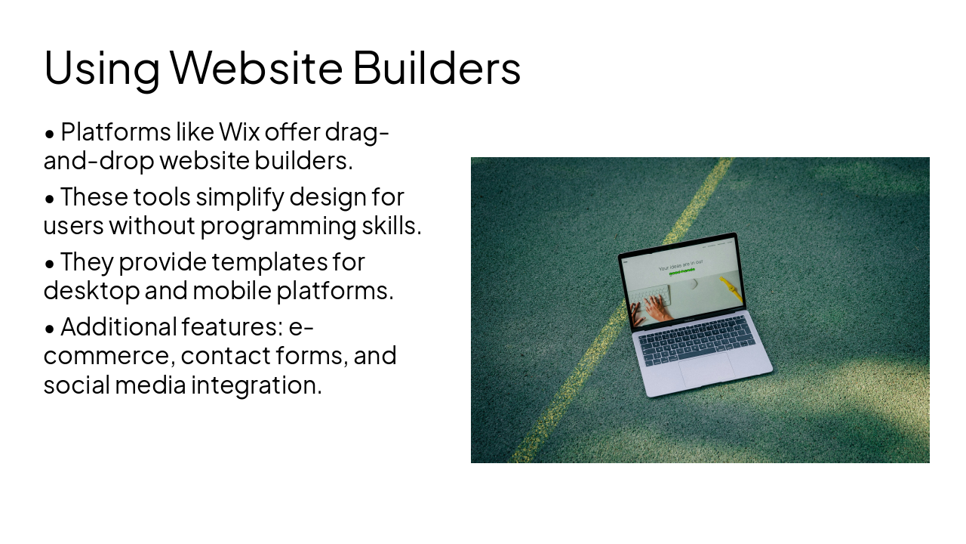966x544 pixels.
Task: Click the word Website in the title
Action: [257, 67]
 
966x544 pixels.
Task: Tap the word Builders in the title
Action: [436, 67]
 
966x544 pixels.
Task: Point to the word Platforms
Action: [115, 132]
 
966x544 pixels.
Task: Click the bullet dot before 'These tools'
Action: [50, 199]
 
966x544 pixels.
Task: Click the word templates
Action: [269, 262]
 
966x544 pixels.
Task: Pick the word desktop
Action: [91, 291]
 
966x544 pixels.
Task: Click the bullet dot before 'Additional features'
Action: [50, 329]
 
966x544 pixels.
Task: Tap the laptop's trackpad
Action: [706, 370]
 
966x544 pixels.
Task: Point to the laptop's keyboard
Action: [697, 341]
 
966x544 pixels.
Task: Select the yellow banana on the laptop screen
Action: [731, 288]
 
